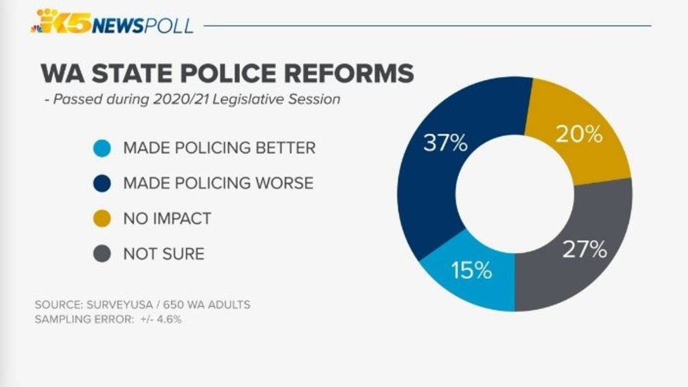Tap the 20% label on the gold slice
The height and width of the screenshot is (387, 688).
point(578,134)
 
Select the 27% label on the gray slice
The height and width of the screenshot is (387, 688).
point(584,250)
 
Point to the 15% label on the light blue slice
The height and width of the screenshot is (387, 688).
point(471,271)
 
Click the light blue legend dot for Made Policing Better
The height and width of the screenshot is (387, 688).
point(102,148)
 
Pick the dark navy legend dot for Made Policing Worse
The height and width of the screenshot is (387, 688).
point(102,183)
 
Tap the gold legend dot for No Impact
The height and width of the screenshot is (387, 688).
point(102,218)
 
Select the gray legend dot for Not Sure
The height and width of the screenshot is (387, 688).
point(102,253)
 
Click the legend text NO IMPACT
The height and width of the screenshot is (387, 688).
point(167,218)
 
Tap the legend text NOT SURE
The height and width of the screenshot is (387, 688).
point(164,253)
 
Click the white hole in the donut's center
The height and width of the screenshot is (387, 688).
point(515,194)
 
